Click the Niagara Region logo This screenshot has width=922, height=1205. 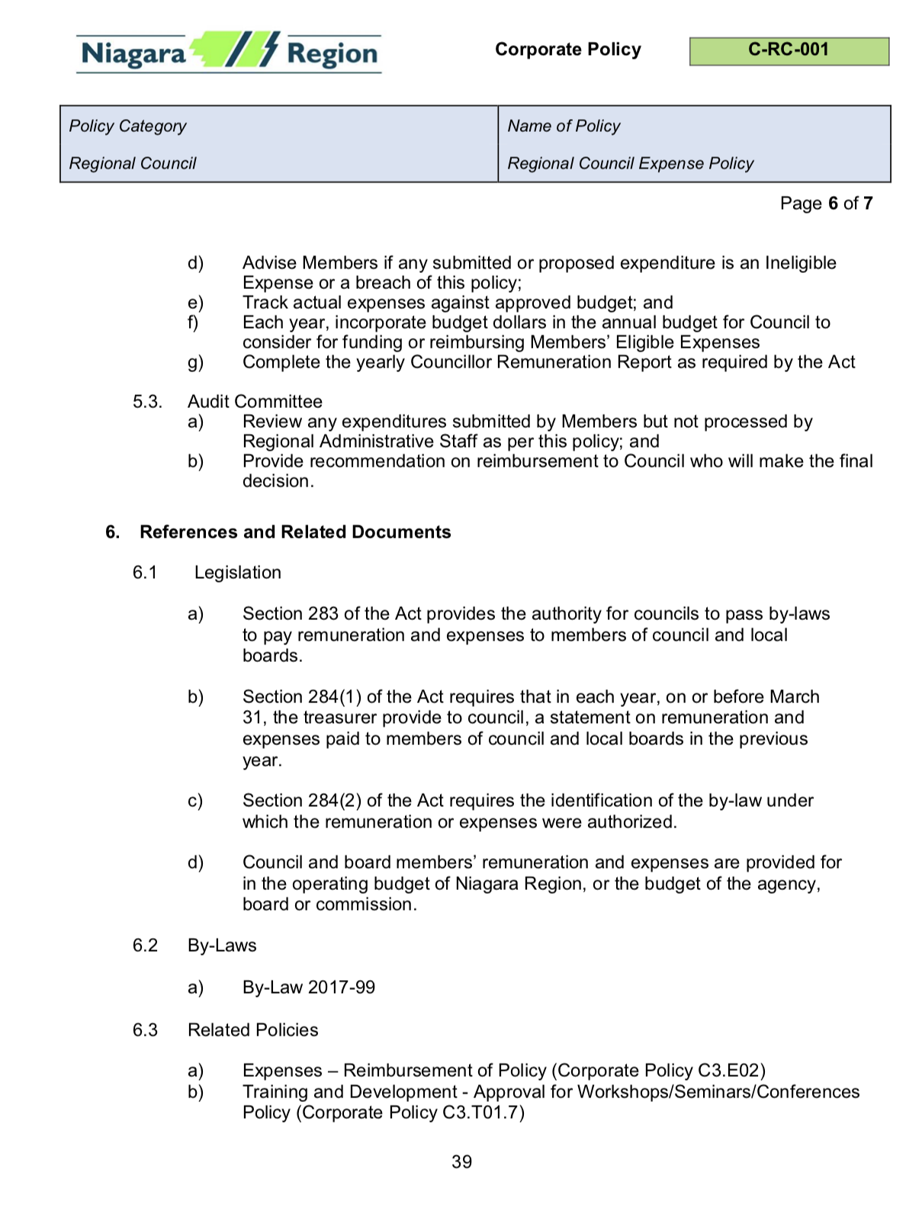(229, 53)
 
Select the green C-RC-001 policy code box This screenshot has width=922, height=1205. (789, 50)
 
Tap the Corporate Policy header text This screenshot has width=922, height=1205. (567, 50)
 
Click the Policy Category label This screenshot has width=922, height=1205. (127, 126)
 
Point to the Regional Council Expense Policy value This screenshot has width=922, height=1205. (630, 163)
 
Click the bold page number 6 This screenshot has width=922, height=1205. (833, 204)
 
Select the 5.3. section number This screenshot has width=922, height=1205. (147, 402)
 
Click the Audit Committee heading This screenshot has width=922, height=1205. (255, 402)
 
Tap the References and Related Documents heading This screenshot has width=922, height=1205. (295, 532)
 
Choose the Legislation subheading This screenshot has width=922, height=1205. (237, 573)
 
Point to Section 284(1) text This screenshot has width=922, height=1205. (301, 697)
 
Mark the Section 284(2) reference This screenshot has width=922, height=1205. (301, 801)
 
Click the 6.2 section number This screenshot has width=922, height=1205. (145, 946)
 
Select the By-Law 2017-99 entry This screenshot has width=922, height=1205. (308, 988)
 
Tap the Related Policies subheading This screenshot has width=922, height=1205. (252, 1030)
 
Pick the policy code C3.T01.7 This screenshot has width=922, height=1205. (480, 1113)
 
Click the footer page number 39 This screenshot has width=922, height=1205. (461, 1162)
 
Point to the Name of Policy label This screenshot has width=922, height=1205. (564, 126)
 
